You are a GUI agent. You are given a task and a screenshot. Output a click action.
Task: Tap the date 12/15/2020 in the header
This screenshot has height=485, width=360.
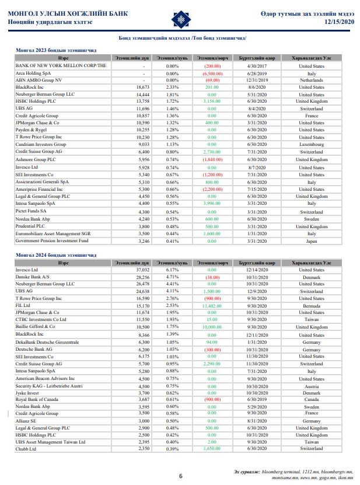[x=340, y=22]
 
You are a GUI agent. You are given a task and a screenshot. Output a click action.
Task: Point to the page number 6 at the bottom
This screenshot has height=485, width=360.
[x=180, y=476]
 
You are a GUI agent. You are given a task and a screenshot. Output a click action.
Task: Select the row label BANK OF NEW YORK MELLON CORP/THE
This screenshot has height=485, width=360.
[x=61, y=66]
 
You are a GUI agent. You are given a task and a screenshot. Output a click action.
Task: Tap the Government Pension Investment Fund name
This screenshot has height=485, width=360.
[x=52, y=240]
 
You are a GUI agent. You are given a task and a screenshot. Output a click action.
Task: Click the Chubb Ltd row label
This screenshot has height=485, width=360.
[x=28, y=449]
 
